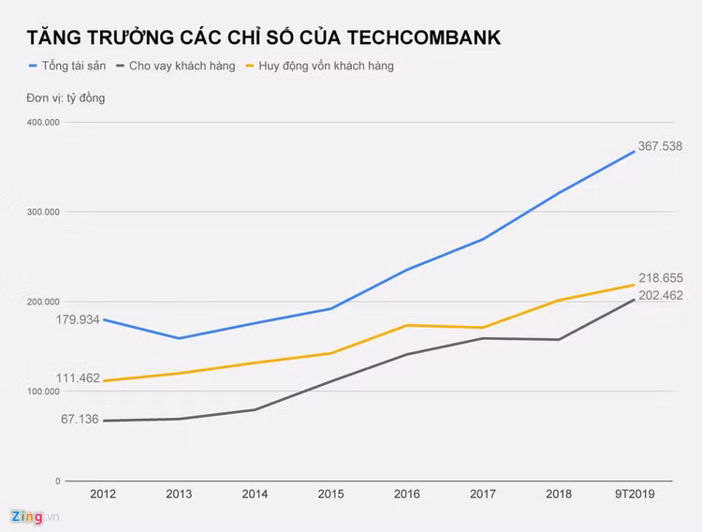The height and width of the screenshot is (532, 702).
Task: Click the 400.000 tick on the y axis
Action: coord(44,123)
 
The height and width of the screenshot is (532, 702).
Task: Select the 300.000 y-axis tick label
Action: coord(44,213)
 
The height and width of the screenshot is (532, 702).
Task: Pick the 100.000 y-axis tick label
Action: coord(44,392)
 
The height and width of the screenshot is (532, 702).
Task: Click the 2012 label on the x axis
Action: coord(103,494)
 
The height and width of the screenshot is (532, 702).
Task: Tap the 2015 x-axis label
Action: coord(330,494)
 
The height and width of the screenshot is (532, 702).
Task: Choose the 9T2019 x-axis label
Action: coord(635,494)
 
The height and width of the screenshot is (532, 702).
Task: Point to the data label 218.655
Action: coord(661,278)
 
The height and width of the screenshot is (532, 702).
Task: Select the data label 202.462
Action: coord(661,295)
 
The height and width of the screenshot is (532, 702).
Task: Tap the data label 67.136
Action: coord(80,419)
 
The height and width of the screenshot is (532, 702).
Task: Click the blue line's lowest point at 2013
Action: coord(179,338)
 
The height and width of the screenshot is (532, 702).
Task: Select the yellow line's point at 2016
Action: coord(406,325)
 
